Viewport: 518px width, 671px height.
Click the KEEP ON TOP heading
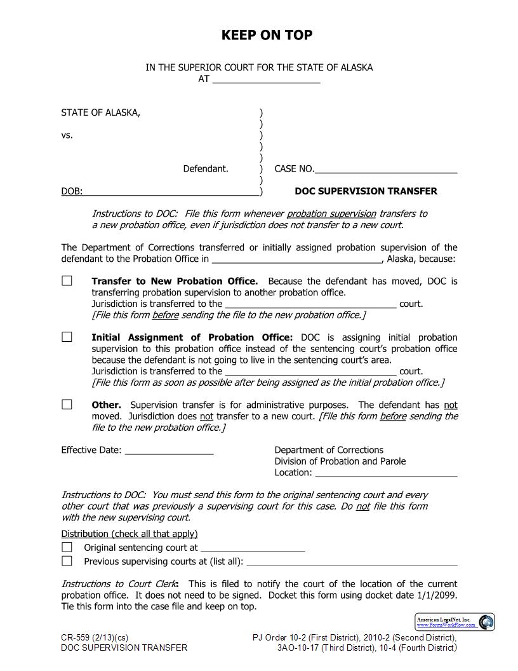pyautogui.click(x=267, y=35)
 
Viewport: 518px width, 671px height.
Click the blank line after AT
pyautogui.click(x=266, y=80)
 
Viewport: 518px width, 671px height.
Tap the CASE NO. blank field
pyautogui.click(x=386, y=170)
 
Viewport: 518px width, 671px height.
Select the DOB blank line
pyautogui.click(x=171, y=192)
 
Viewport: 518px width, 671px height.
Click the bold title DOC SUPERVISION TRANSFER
pyautogui.click(x=366, y=191)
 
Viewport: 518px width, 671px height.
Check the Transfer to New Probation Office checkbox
pyautogui.click(x=67, y=281)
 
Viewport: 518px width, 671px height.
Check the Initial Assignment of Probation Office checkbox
pyautogui.click(x=67, y=337)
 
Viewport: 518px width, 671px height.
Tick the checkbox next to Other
pyautogui.click(x=67, y=405)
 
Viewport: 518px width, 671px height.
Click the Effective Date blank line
pyautogui.click(x=169, y=451)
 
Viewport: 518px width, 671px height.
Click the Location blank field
pyautogui.click(x=386, y=473)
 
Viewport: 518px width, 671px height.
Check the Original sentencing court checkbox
pyautogui.click(x=67, y=547)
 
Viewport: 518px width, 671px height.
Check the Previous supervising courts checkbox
pyautogui.click(x=67, y=561)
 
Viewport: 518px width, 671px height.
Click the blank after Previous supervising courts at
pyautogui.click(x=352, y=562)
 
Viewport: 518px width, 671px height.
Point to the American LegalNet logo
pyautogui.click(x=455, y=622)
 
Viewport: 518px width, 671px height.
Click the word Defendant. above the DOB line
pyautogui.click(x=206, y=169)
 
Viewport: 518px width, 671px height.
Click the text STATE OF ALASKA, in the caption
pyautogui.click(x=101, y=112)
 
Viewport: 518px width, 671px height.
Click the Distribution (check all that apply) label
pyautogui.click(x=129, y=534)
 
